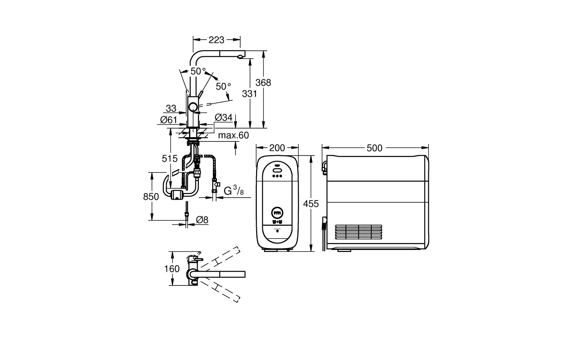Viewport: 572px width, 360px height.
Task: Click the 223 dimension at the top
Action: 216,40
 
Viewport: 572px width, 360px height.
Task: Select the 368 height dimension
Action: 263,82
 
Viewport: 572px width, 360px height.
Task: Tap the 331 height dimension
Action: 249,94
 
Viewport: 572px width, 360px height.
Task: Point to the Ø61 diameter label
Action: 168,120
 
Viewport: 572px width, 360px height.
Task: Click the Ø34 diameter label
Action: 223,117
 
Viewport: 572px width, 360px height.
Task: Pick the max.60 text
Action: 233,136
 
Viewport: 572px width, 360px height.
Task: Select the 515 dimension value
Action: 170,158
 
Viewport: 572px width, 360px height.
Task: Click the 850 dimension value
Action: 151,197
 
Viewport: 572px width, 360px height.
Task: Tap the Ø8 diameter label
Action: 202,220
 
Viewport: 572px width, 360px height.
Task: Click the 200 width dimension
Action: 277,148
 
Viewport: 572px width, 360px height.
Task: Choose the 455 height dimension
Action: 311,204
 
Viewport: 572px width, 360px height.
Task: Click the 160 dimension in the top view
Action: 172,269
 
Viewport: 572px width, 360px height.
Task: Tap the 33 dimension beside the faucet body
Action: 171,108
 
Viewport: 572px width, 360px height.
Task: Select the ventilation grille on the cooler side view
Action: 358,232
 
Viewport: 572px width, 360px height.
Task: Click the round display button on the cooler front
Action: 277,213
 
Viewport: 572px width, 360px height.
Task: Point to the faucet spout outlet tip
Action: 239,57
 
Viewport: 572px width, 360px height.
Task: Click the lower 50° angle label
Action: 223,86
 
